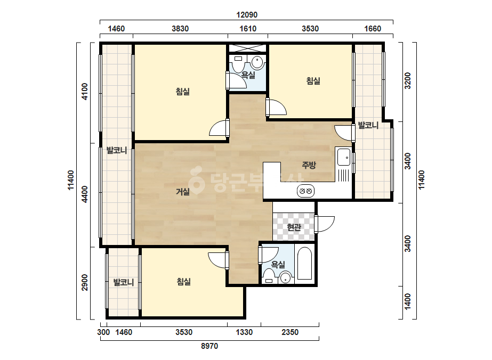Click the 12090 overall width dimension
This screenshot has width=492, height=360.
click(247, 15)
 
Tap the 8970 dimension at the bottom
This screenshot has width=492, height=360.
click(209, 346)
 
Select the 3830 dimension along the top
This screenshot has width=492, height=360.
click(180, 29)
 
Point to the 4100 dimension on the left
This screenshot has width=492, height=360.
click(85, 92)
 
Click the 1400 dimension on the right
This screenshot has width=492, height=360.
click(407, 301)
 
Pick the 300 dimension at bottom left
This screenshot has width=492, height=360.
click(103, 332)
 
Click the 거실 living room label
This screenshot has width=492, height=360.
click(183, 191)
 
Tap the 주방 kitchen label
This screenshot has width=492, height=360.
click(309, 165)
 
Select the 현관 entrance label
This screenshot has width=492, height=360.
click(294, 227)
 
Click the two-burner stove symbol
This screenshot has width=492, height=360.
click(305, 191)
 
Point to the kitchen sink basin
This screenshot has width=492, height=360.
click(344, 157)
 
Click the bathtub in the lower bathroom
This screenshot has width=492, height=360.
click(304, 264)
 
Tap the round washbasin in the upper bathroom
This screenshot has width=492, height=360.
click(257, 62)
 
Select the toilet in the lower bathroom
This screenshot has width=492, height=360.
click(269, 276)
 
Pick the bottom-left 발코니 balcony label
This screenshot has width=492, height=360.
click(124, 282)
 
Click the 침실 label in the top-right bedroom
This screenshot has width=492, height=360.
click(313, 81)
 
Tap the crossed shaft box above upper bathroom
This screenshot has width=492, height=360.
click(247, 48)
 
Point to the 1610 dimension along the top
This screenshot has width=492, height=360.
click(248, 29)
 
